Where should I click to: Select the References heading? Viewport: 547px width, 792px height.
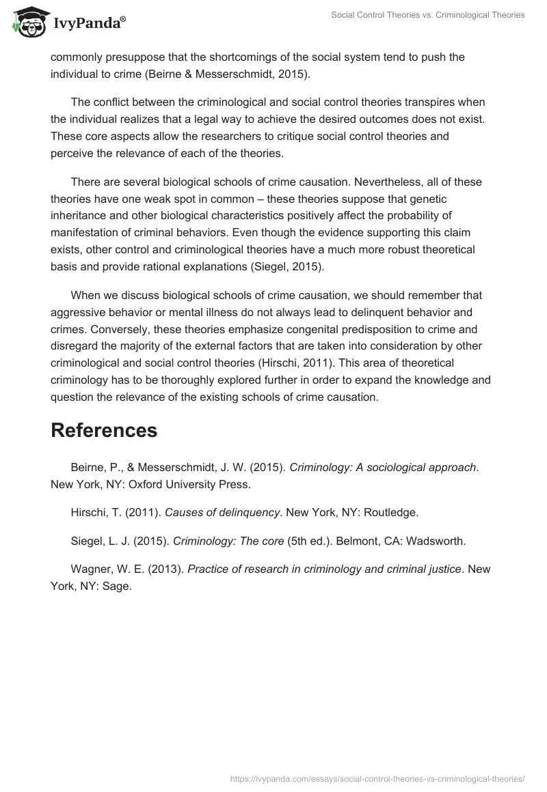click(104, 430)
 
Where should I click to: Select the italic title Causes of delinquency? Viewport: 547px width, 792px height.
click(222, 511)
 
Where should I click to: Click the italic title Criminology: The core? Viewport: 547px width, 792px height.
click(228, 541)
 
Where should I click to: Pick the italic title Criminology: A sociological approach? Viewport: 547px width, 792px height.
click(382, 468)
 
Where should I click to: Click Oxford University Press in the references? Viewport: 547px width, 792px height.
click(184, 485)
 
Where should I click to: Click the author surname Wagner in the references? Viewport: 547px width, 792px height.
click(89, 569)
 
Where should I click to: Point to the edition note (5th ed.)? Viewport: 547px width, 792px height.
click(309, 541)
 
